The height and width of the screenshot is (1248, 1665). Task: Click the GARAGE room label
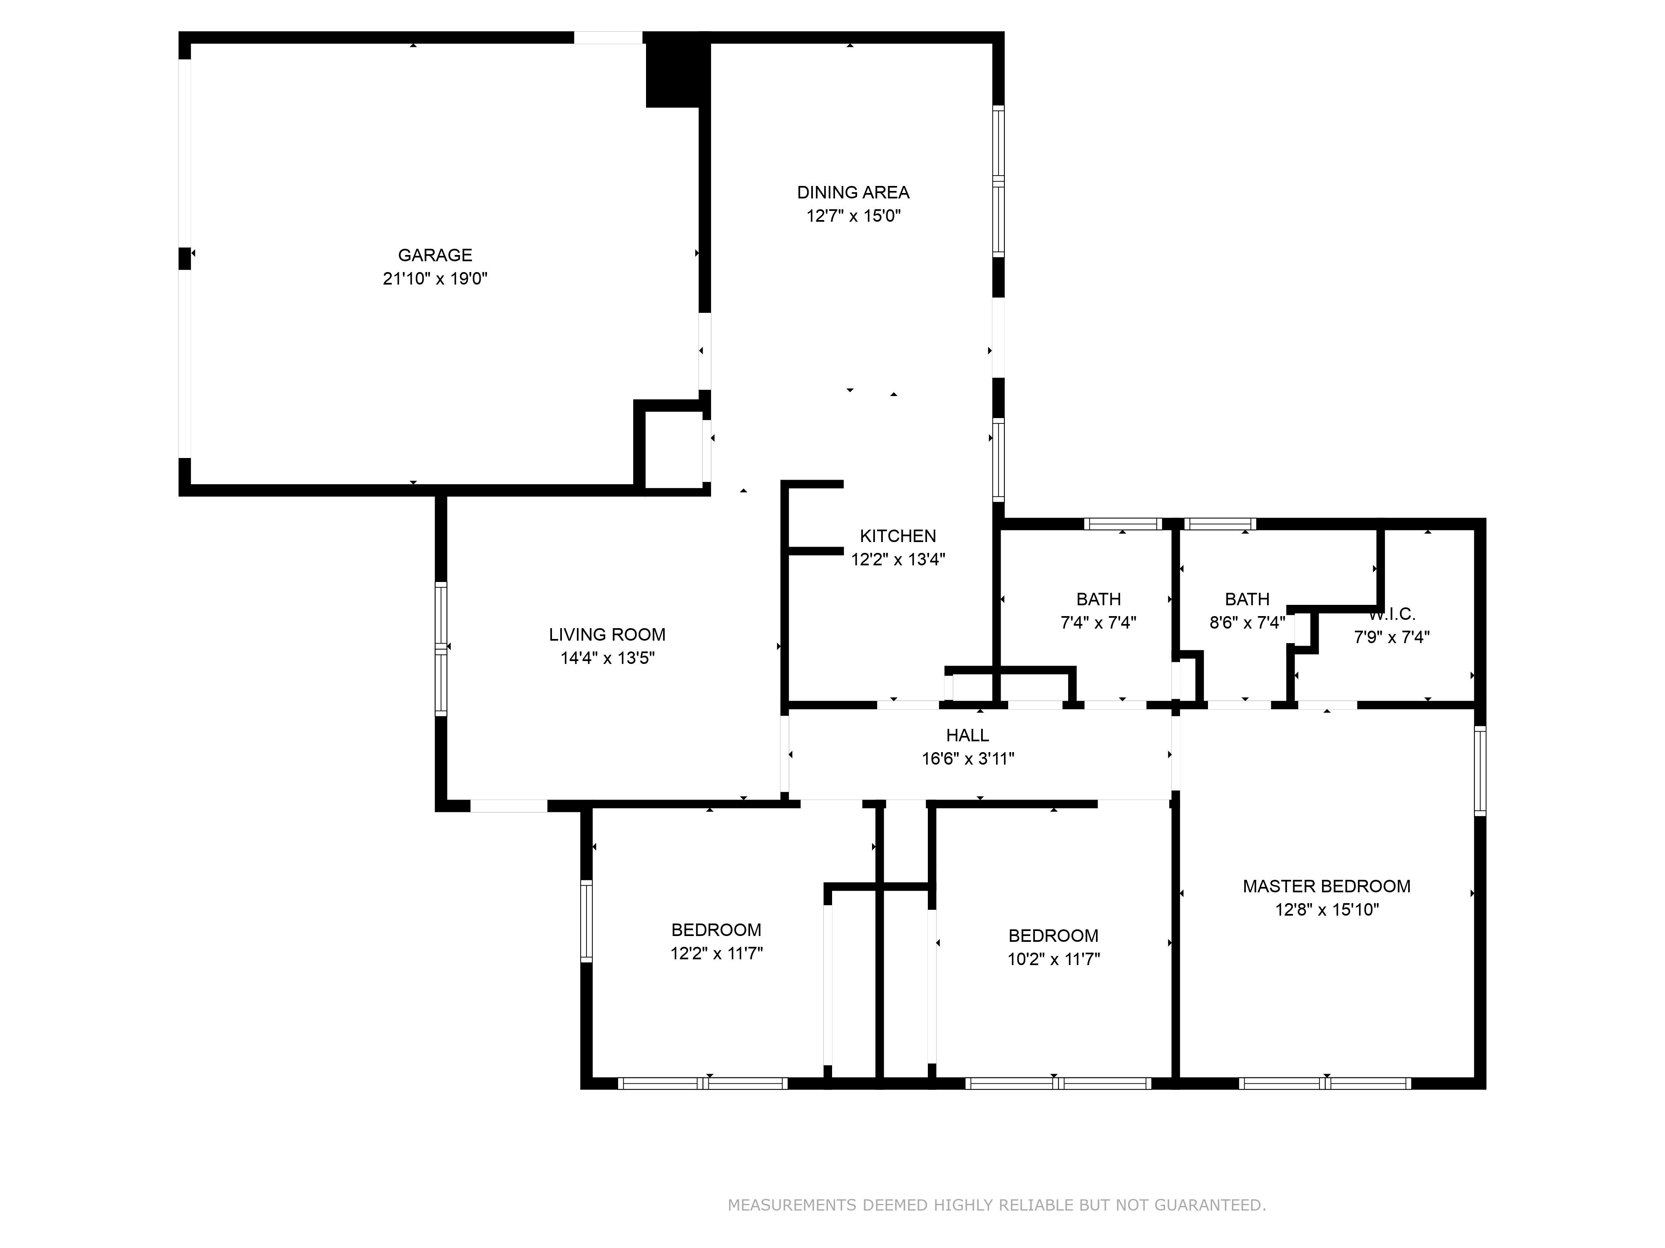click(x=435, y=255)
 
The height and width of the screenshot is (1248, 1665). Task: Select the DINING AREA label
click(x=854, y=193)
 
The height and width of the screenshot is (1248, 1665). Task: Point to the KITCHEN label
click(x=898, y=536)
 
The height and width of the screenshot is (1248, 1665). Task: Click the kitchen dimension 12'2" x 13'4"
click(x=898, y=560)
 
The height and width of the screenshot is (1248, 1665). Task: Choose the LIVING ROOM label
click(x=607, y=635)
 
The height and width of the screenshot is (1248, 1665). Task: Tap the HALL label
click(x=968, y=735)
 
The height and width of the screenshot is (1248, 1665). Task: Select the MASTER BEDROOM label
click(x=1327, y=886)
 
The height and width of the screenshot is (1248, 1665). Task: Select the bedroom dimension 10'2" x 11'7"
click(x=1054, y=960)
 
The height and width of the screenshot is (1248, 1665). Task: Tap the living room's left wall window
click(x=441, y=649)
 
